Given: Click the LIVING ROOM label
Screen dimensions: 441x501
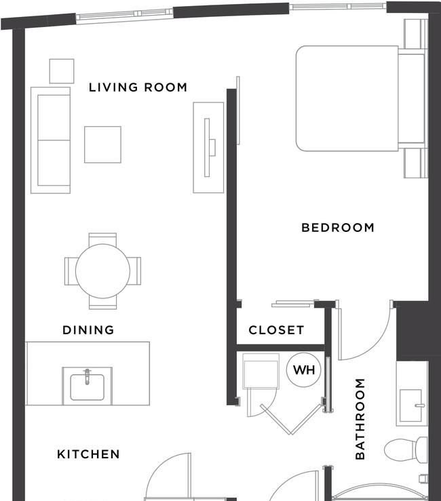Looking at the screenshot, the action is (x=138, y=87).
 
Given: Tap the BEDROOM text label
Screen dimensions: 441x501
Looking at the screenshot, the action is (x=338, y=228).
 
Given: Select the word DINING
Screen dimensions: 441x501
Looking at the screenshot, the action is (x=88, y=329).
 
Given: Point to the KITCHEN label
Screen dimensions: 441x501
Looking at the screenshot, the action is (x=88, y=454).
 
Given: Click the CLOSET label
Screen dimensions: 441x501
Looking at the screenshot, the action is (x=276, y=329).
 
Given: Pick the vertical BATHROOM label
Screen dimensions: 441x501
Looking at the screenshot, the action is (x=360, y=418).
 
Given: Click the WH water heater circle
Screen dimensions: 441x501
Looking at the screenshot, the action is (x=304, y=370).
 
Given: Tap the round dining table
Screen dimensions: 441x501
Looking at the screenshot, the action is (x=102, y=271).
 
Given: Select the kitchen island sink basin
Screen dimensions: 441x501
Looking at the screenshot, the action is (x=87, y=387).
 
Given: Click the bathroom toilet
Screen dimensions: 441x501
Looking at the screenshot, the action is (x=406, y=450).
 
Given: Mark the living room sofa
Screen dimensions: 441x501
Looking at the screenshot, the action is (x=50, y=140).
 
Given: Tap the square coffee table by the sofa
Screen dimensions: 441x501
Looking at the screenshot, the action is (x=102, y=144).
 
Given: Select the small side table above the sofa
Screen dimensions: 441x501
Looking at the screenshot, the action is (x=62, y=71).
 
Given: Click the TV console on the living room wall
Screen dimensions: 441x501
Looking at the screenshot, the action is (x=208, y=148).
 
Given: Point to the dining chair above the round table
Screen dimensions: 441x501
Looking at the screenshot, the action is (x=102, y=239).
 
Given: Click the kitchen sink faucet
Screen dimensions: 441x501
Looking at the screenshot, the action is (x=87, y=376).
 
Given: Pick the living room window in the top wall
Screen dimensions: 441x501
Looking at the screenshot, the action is (x=125, y=16).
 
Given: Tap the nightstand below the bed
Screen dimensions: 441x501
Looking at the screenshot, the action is (x=416, y=163).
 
